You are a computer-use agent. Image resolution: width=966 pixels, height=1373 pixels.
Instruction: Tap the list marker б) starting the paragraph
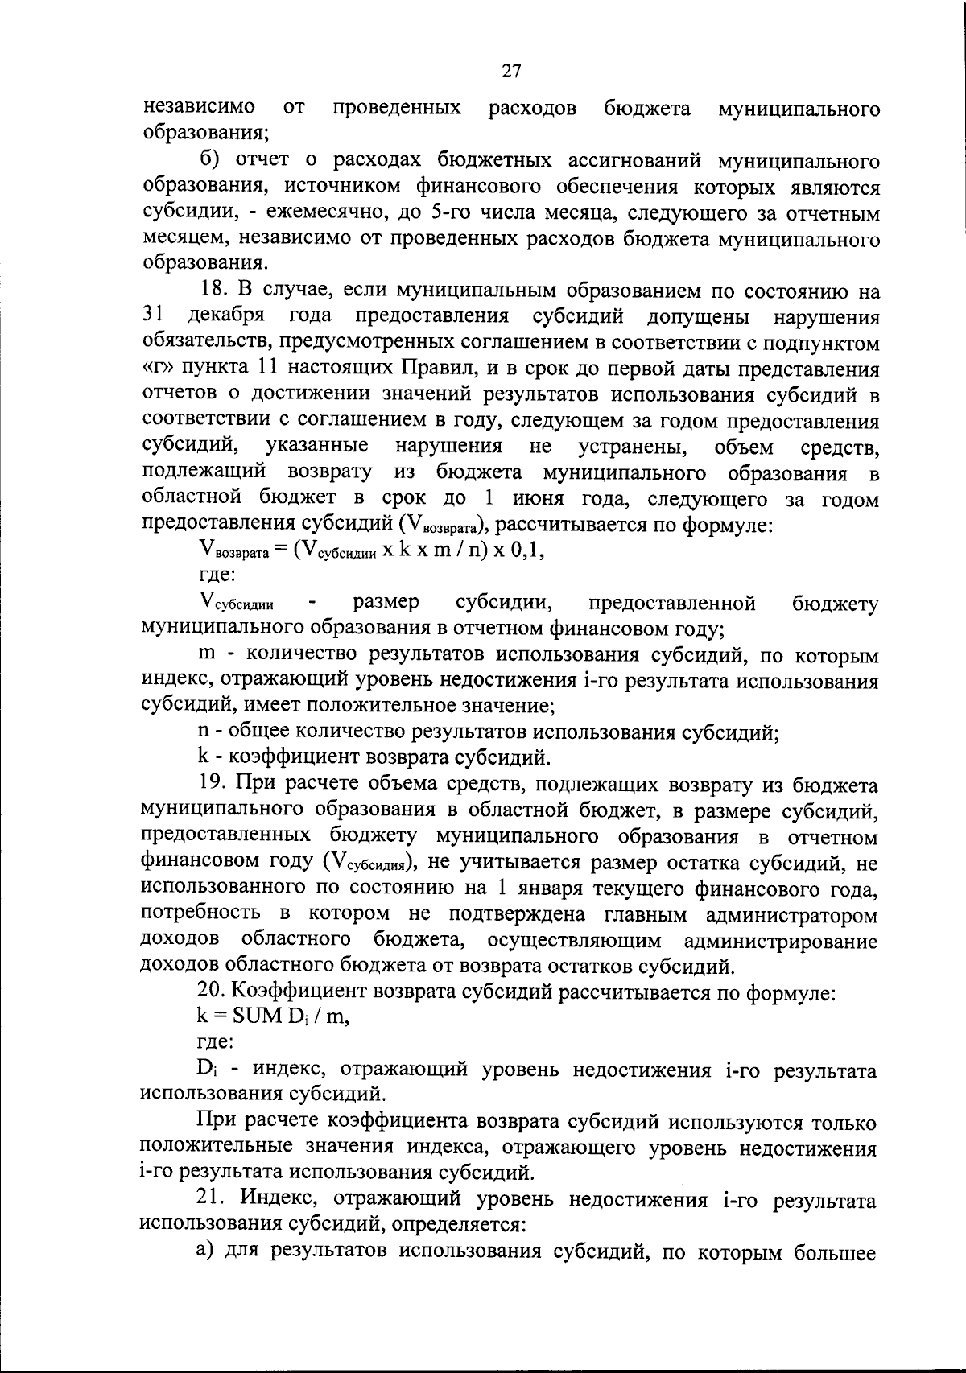pos(211,162)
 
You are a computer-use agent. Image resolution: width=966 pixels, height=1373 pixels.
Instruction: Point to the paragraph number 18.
pos(214,291)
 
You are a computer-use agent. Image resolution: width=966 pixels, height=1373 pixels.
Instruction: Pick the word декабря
pos(231,318)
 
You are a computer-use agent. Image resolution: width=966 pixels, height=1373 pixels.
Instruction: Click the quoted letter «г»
pos(157,369)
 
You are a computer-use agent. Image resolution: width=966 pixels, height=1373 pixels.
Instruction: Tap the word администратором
pos(791,915)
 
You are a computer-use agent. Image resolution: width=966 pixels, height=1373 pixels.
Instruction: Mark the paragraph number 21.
pos(214,1199)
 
